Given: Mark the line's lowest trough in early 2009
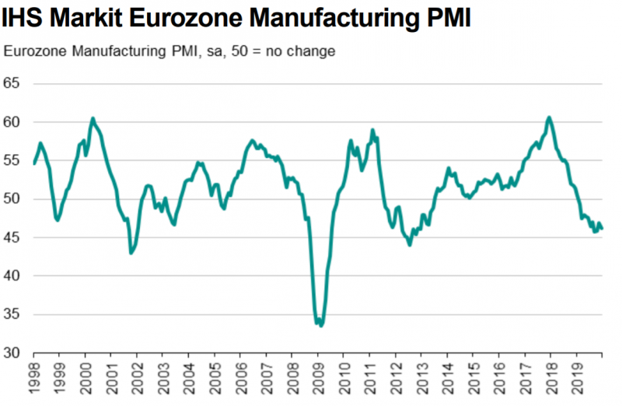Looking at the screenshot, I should click(x=321, y=326).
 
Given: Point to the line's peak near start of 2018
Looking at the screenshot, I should click(x=549, y=117).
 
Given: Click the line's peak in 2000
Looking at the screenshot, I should click(x=93, y=118).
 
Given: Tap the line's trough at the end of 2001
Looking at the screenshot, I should click(x=131, y=253).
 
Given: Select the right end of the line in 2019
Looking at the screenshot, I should click(x=602, y=229).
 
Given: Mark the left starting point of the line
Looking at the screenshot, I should click(x=34, y=163).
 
